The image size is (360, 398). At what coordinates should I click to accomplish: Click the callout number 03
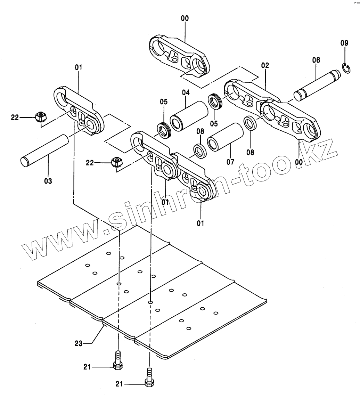tap(48, 181)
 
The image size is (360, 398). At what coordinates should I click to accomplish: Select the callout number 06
tap(316, 60)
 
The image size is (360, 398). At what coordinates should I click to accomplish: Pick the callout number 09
tap(344, 43)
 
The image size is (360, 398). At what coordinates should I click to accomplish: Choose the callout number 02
tap(265, 65)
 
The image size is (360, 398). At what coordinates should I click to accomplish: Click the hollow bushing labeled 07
tap(225, 137)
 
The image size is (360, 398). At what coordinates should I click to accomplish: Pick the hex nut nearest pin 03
tap(42, 117)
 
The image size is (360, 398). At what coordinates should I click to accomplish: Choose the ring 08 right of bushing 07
tap(249, 123)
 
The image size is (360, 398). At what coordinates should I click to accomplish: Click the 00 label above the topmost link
tap(185, 18)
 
